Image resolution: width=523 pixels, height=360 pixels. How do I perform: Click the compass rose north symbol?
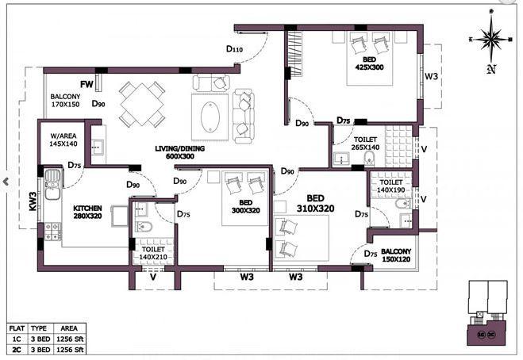coord(491,40)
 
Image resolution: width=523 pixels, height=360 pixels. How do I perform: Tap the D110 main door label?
coord(234,49)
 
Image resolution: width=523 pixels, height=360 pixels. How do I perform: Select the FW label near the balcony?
coord(87,84)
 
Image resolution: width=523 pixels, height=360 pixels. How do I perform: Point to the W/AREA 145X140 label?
coord(62,140)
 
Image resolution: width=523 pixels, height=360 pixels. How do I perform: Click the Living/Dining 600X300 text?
coord(181,152)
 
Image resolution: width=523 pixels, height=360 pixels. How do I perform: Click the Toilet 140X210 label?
coord(154,252)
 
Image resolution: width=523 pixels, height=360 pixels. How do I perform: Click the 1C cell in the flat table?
coord(16,337)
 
